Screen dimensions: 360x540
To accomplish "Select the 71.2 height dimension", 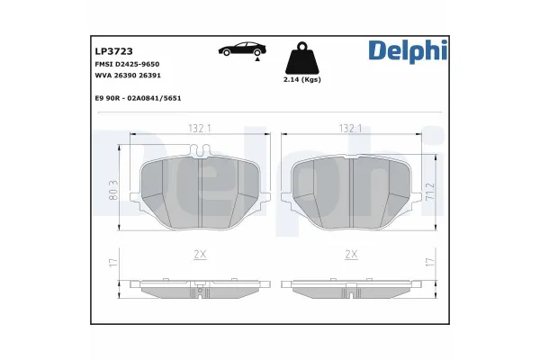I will tap(431, 190).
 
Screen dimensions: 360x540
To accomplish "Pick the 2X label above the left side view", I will tap(200, 256).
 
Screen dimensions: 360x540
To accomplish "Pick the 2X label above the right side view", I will tap(350, 256).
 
